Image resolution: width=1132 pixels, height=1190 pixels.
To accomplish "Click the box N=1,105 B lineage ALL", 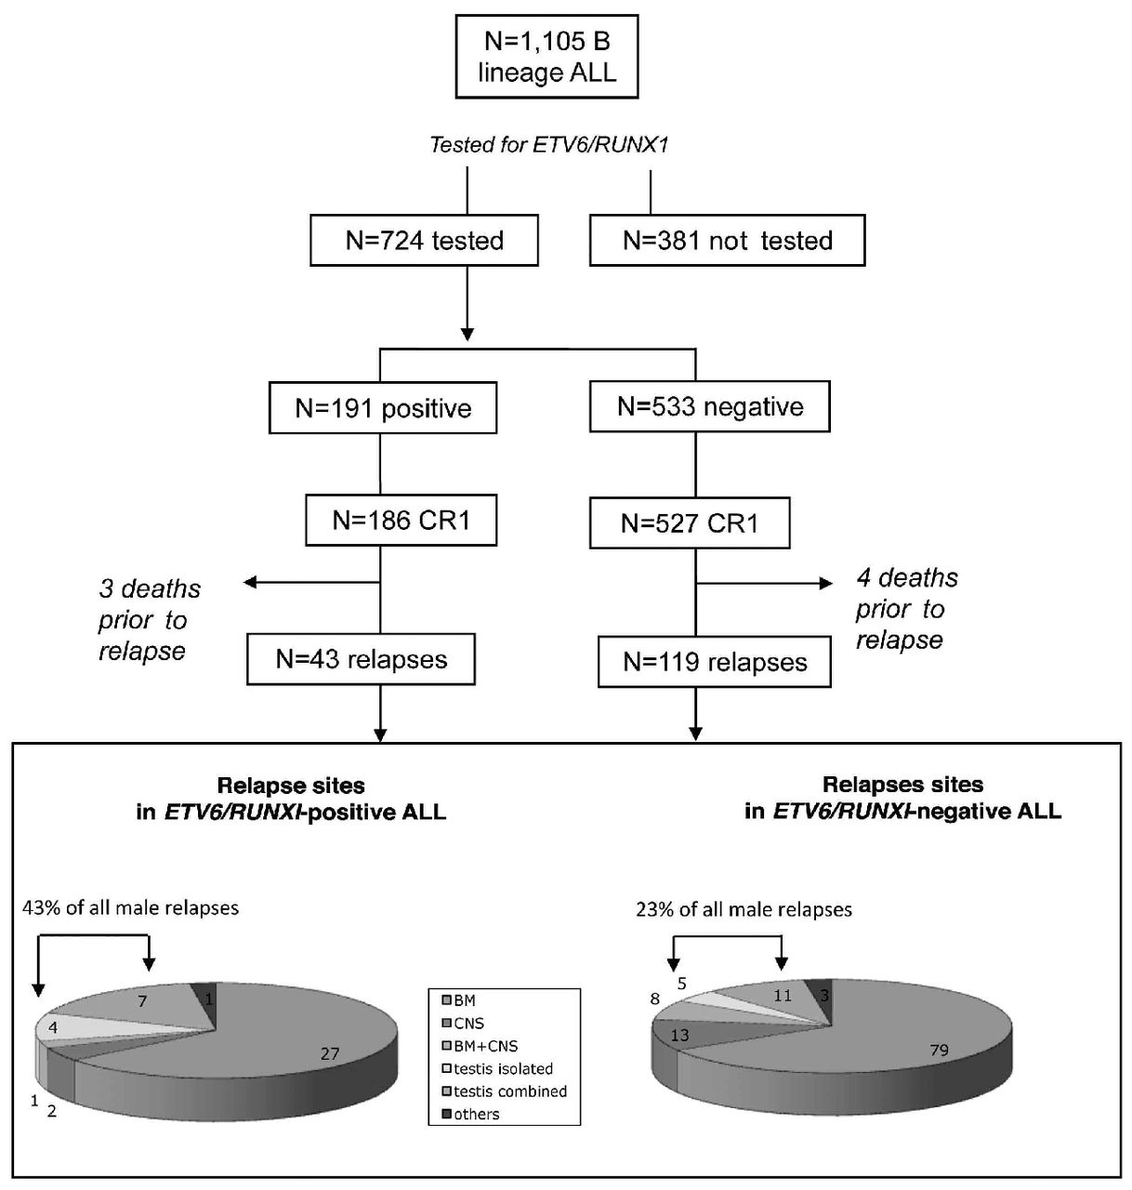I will (x=546, y=57).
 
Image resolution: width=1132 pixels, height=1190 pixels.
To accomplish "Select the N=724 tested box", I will (x=425, y=241).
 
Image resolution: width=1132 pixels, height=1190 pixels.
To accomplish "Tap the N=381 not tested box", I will (x=727, y=241).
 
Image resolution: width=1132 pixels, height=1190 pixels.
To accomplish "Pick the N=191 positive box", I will (x=383, y=408).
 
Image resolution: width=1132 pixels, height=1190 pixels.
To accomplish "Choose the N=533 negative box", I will (x=710, y=407).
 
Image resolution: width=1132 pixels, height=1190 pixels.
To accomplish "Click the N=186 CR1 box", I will (x=401, y=521).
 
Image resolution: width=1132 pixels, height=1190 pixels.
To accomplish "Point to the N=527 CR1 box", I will (x=690, y=523).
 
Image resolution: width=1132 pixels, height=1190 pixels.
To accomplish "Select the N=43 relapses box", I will (x=362, y=660).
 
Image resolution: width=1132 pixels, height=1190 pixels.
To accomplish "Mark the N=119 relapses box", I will (x=715, y=662).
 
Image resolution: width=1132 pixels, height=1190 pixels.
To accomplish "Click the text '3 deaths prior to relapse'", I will (x=149, y=620).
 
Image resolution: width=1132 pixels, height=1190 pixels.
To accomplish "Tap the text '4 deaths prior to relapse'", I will (x=906, y=609).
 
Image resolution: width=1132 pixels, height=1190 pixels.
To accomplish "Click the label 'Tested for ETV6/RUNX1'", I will (x=548, y=145).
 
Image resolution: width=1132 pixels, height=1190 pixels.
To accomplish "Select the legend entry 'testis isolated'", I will (x=503, y=1069).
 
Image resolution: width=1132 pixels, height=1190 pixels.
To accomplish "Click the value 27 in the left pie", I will (x=330, y=1053).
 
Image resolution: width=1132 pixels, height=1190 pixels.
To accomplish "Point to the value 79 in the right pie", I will (x=940, y=1050).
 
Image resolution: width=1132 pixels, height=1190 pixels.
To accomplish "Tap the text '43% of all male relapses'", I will (x=130, y=907).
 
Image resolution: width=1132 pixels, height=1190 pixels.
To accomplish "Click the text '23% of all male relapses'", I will (x=744, y=909).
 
